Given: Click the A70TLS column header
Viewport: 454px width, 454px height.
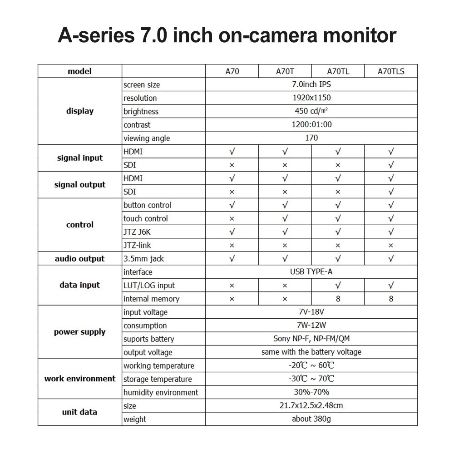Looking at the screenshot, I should pos(391,71).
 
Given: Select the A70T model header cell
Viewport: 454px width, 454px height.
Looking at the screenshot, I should pos(285,71).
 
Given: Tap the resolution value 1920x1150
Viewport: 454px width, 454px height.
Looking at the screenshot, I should pos(311,98).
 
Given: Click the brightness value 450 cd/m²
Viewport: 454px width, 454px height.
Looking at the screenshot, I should pos(311,111).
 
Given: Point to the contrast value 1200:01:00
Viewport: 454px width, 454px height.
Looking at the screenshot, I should pos(311,124).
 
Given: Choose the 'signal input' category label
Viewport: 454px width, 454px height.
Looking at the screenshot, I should pos(80,158).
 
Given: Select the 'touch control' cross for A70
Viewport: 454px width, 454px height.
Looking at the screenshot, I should pos(232,219).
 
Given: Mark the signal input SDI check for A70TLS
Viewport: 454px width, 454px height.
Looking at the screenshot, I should pos(391,165).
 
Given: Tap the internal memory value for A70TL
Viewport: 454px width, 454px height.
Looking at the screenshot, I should pos(338,299).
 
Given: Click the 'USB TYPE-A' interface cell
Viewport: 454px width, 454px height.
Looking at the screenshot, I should pos(311,272).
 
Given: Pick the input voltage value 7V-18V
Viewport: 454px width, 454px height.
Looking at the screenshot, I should pos(311,312).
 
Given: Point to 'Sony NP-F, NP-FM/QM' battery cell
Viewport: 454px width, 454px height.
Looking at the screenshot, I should pos(311,339).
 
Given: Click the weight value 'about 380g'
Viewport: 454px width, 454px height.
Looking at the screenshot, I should pos(311,419).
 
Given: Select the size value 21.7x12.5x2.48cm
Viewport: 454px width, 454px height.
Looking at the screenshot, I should pos(311,405).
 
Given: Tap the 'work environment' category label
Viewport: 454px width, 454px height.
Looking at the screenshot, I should pos(80,379).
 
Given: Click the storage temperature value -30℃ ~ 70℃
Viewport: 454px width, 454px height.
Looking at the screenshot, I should pos(311,379).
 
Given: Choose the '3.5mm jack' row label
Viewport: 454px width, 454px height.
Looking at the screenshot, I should pos(144,259).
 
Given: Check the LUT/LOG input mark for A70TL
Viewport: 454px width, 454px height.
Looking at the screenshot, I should pos(338,285).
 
